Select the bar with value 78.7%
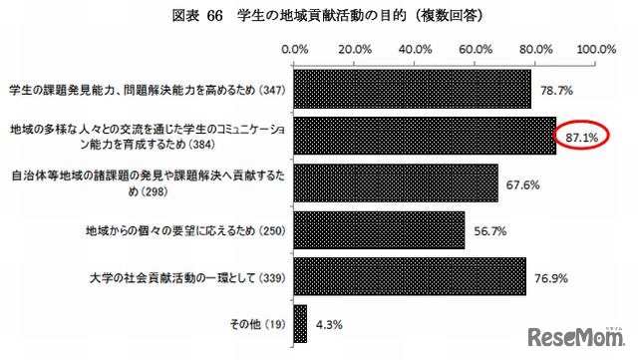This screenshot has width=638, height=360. click(413, 89)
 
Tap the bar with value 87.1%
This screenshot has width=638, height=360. click(426, 136)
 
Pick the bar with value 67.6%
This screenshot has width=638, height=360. click(397, 182)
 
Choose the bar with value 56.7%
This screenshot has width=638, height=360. click(380, 230)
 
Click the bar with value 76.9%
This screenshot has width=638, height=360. click(411, 277)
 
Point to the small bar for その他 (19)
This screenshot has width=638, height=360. click(301, 324)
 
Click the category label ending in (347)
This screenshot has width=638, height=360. click(146, 89)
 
